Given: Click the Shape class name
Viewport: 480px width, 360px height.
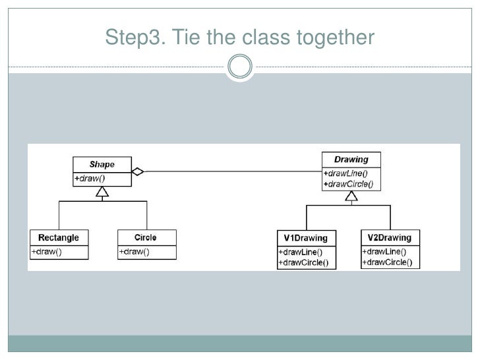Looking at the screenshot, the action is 102,164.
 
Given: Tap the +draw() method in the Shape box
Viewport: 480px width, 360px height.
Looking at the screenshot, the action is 90,178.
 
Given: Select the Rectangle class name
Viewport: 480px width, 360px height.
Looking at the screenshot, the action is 59,237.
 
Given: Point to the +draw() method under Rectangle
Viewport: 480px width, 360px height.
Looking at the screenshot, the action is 47,252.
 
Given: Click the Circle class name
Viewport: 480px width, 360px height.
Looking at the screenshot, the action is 146,237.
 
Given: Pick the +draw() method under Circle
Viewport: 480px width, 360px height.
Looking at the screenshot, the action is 134,252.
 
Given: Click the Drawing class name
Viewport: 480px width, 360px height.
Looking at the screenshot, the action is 351,160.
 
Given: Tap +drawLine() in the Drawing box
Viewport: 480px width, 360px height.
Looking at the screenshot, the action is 345,173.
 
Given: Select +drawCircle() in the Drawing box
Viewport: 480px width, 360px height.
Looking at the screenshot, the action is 349,184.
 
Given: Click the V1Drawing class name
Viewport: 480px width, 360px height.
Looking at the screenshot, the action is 305,238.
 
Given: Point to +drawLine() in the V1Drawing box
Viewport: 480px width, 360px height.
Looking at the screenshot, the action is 301,253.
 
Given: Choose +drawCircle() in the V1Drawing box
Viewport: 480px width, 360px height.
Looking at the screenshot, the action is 304,262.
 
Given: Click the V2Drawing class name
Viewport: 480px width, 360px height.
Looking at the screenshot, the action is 390,237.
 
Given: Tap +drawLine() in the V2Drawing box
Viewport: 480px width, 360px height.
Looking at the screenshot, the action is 384,252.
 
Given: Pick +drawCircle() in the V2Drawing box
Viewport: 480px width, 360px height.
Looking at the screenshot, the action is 388,262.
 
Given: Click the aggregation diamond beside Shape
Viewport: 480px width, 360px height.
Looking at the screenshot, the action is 138,171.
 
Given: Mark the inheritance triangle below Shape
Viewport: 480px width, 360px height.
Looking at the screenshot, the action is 102,192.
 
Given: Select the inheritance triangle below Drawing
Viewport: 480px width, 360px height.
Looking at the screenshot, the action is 351,196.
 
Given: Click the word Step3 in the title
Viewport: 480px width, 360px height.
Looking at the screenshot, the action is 135,38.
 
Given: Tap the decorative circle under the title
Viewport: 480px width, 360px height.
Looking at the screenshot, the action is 240,55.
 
